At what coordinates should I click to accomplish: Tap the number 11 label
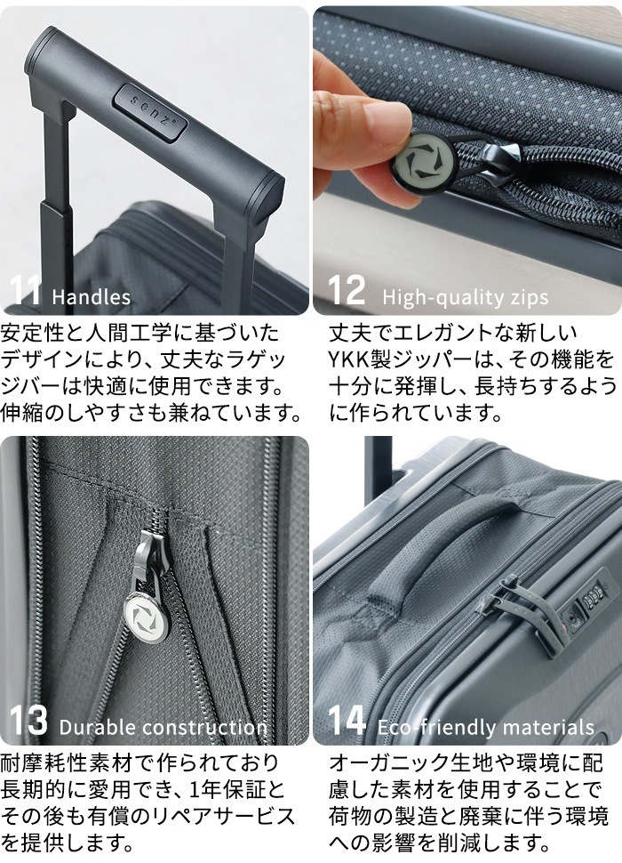coord(27,291)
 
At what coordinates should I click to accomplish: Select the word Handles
coord(92,296)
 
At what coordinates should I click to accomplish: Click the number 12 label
coord(347,291)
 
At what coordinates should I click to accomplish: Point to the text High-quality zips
coord(465,296)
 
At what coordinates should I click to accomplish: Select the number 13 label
coord(28,721)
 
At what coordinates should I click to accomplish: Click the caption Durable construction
coord(163,726)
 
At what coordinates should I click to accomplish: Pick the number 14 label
coord(347,721)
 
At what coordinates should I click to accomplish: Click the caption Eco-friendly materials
coord(485,726)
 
